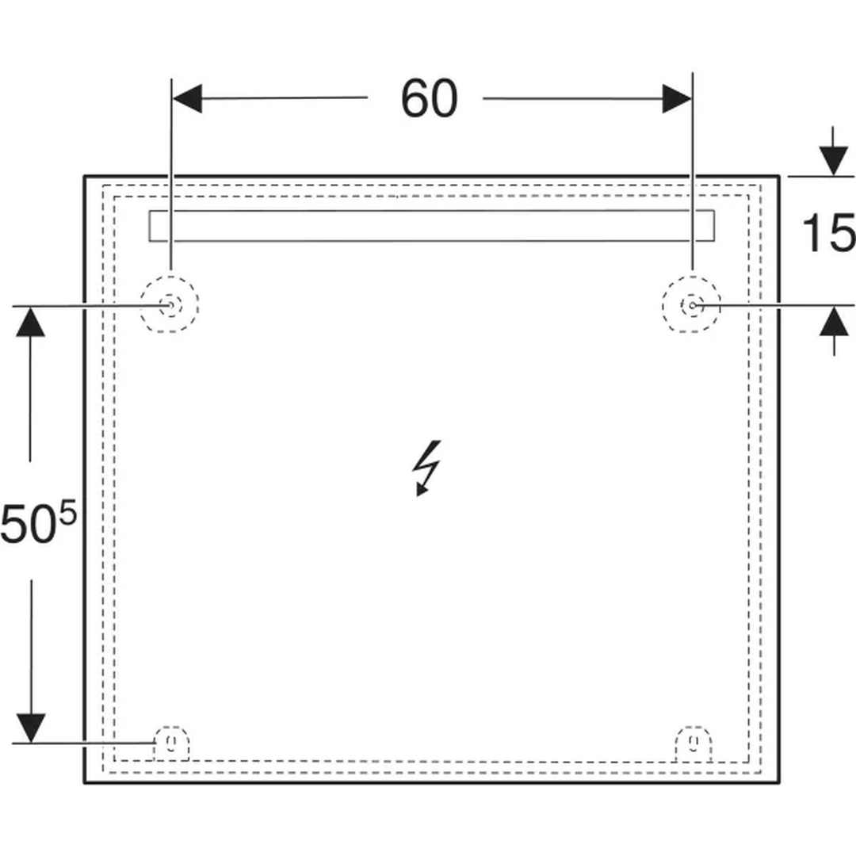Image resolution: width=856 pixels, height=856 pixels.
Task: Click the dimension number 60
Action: coord(429,99)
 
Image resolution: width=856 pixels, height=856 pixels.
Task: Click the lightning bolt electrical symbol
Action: coord(426,468)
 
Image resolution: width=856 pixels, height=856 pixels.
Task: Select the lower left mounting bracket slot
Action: coord(171,743)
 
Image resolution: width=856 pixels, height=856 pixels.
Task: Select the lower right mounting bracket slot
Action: coord(694,743)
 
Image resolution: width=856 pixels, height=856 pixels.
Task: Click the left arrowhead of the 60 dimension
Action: coord(187,99)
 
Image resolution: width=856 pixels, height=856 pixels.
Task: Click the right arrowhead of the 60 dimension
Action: coord(677,99)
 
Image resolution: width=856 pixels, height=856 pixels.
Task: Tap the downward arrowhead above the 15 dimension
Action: coord(833,161)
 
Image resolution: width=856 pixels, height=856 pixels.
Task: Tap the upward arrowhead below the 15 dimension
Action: coord(834,322)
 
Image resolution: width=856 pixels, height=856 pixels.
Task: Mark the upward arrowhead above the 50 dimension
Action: coord(31,322)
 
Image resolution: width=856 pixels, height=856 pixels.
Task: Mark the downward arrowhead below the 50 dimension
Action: coord(31,728)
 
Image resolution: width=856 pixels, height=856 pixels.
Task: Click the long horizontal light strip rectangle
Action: coord(431,210)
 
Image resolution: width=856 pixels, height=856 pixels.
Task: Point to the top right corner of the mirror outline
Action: coord(778,176)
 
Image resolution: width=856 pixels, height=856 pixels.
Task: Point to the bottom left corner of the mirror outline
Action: coord(85,782)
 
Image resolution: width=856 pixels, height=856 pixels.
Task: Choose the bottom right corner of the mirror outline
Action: coord(778,782)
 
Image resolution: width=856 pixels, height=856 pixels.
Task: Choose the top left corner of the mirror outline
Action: coord(85,176)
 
